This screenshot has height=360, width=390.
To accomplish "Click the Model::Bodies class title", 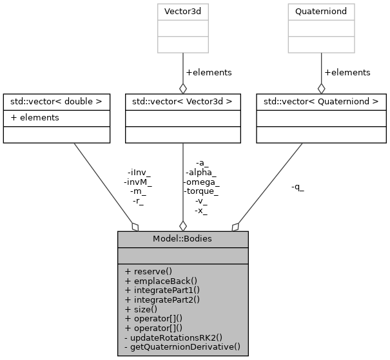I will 182,239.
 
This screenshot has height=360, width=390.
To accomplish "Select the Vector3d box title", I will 182,12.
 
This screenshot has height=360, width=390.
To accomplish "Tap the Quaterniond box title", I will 321,12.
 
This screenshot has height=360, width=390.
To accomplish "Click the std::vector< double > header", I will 57,102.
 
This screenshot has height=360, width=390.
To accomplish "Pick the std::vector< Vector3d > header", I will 182,102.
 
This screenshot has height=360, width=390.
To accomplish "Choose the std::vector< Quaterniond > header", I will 321,102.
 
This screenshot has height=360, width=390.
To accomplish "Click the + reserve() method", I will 149,271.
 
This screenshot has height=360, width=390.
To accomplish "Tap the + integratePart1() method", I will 162,290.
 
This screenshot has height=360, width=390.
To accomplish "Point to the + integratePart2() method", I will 162,299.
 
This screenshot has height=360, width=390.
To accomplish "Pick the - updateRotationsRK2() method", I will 173,337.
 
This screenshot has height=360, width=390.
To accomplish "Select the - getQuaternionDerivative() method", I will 182,347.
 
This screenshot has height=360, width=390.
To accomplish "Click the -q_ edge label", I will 297,187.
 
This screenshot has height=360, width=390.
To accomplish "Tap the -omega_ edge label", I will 202,182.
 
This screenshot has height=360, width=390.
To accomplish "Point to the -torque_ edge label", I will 202,191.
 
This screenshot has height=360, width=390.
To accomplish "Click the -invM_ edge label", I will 138,182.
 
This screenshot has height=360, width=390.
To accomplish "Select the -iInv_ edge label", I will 139,172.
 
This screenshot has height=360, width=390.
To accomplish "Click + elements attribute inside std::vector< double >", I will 35,117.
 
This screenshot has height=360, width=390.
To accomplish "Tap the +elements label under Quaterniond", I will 347,73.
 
